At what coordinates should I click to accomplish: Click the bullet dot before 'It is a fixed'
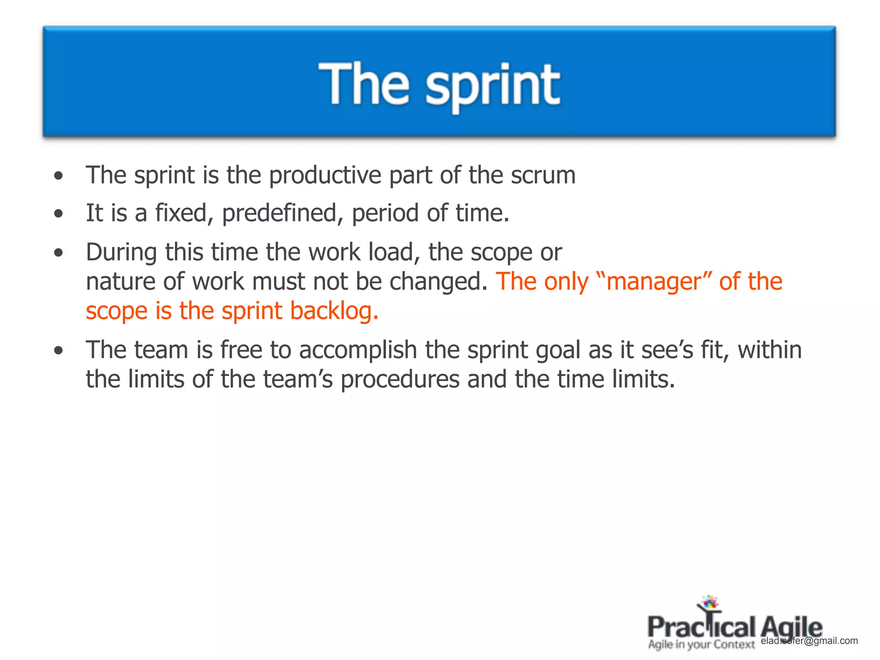pos(59,214)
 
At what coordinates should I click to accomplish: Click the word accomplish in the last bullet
pos(358,350)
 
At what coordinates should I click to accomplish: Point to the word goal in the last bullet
pos(558,351)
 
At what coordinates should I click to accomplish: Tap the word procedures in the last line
pos(400,380)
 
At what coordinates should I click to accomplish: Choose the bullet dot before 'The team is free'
pos(59,350)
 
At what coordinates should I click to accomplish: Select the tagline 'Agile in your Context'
pos(701,645)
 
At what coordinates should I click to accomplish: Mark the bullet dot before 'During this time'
pos(59,252)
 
